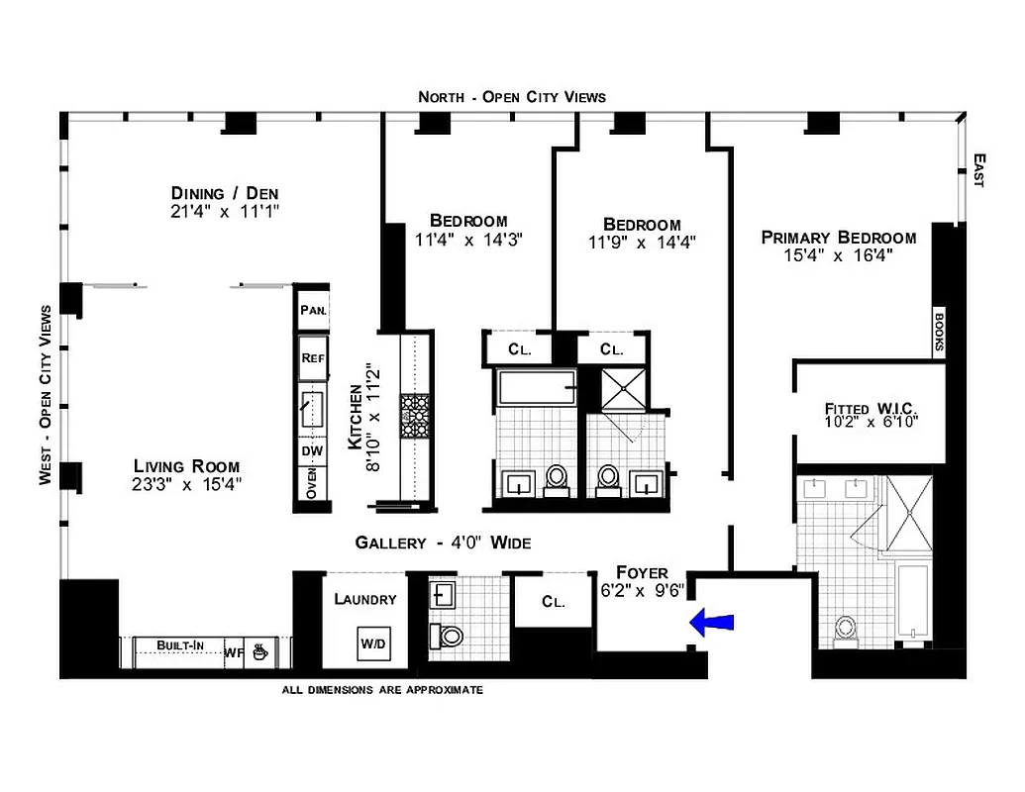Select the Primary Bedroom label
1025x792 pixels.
[838, 238]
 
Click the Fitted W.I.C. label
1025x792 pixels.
[872, 409]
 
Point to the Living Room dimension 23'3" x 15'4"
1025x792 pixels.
[187, 484]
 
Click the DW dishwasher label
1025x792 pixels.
[312, 451]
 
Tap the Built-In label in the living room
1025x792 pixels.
[180, 646]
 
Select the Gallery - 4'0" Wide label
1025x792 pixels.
[443, 543]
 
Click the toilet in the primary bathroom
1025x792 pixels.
[845, 630]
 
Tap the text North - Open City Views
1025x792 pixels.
[511, 97]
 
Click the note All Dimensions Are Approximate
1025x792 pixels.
[382, 690]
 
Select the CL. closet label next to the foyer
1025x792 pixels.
[553, 602]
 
